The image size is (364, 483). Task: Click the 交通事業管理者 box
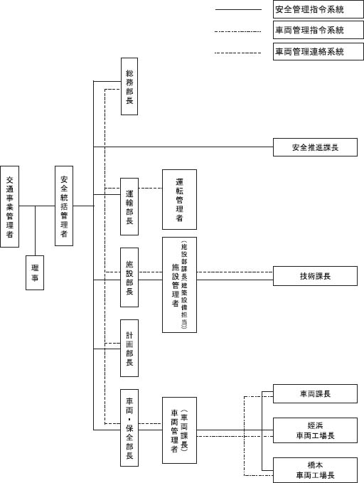coord(9,206)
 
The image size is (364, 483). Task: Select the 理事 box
coord(35,272)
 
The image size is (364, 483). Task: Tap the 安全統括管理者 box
coord(64,206)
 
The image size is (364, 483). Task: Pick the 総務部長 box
coord(129,86)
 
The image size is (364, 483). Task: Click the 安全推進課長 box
coord(315,147)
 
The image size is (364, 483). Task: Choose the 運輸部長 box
coord(129,206)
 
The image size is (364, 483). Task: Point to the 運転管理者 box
coord(180,199)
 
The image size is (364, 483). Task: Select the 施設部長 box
coord(129,277)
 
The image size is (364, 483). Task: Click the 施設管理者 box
coord(180,285)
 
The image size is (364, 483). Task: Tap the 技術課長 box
coord(315,276)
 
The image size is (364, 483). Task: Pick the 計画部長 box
coord(129,348)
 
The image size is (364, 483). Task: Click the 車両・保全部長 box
coord(129,428)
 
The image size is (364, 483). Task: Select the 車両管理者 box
coord(180,430)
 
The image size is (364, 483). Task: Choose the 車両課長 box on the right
coord(315,393)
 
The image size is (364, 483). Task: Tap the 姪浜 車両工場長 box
coord(315,430)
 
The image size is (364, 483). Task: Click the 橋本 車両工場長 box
coord(315,470)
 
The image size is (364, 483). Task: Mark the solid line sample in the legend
coord(238,9)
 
